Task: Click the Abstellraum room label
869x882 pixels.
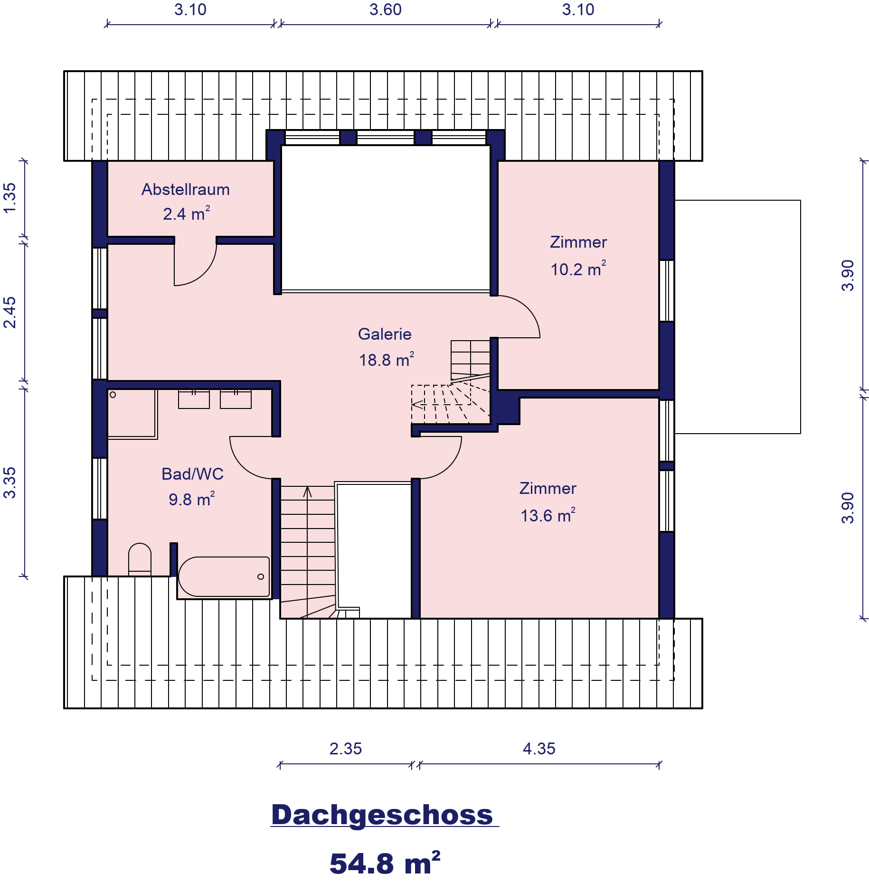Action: (x=185, y=190)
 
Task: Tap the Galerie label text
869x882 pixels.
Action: (x=385, y=334)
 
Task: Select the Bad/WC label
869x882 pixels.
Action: (x=192, y=474)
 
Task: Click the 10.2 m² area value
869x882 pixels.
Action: (x=578, y=269)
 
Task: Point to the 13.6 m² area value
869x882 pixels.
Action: (x=548, y=515)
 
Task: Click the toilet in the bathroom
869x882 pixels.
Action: (x=140, y=559)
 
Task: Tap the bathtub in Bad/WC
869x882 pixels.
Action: (x=224, y=576)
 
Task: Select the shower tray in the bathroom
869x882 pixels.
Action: (x=132, y=414)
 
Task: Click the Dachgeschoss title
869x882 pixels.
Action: (x=382, y=815)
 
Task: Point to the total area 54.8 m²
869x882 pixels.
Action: (x=385, y=863)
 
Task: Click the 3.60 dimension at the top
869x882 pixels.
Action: (x=385, y=9)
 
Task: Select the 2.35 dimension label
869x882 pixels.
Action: (x=345, y=749)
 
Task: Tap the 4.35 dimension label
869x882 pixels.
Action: (x=539, y=749)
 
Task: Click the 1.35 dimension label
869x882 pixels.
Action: (x=9, y=198)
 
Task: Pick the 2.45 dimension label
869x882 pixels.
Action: (x=9, y=312)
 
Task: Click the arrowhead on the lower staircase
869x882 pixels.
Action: (x=307, y=492)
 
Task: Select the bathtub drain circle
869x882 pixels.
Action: (x=260, y=576)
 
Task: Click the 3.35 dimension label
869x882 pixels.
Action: (x=9, y=483)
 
